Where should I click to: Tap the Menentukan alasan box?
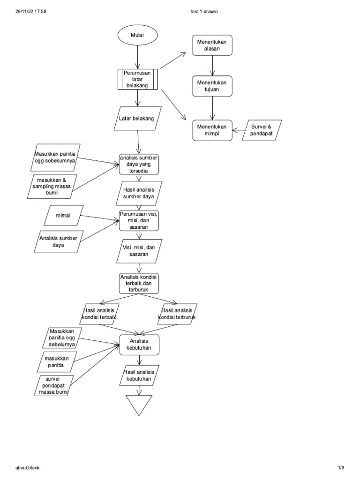click(212, 46)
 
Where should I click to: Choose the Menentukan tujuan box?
click(212, 86)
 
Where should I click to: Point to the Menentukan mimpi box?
click(212, 129)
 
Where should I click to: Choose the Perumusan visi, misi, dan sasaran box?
click(139, 220)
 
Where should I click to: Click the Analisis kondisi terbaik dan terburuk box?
click(139, 284)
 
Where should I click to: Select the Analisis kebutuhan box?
click(139, 345)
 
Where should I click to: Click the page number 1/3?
click(341, 468)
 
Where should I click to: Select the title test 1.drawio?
click(202, 12)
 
